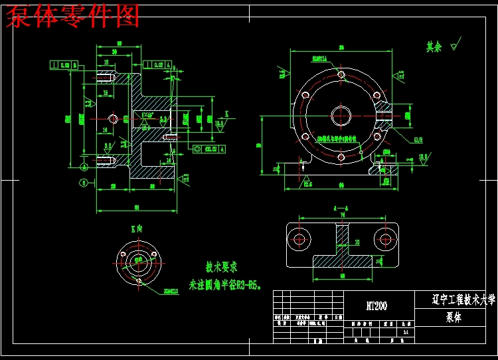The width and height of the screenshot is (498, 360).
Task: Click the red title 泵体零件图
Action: [x=73, y=17]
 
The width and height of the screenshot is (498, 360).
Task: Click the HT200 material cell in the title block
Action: [x=376, y=306]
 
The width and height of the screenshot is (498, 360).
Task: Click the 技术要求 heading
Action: [x=222, y=268]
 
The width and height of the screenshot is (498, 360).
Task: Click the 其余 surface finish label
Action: [x=434, y=47]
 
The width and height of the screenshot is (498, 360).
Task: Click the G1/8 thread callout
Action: [x=418, y=139]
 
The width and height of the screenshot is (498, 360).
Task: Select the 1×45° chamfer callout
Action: [x=147, y=114]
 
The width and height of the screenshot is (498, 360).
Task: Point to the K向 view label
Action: [x=136, y=228]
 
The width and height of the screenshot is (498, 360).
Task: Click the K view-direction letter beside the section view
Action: [x=226, y=114]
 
